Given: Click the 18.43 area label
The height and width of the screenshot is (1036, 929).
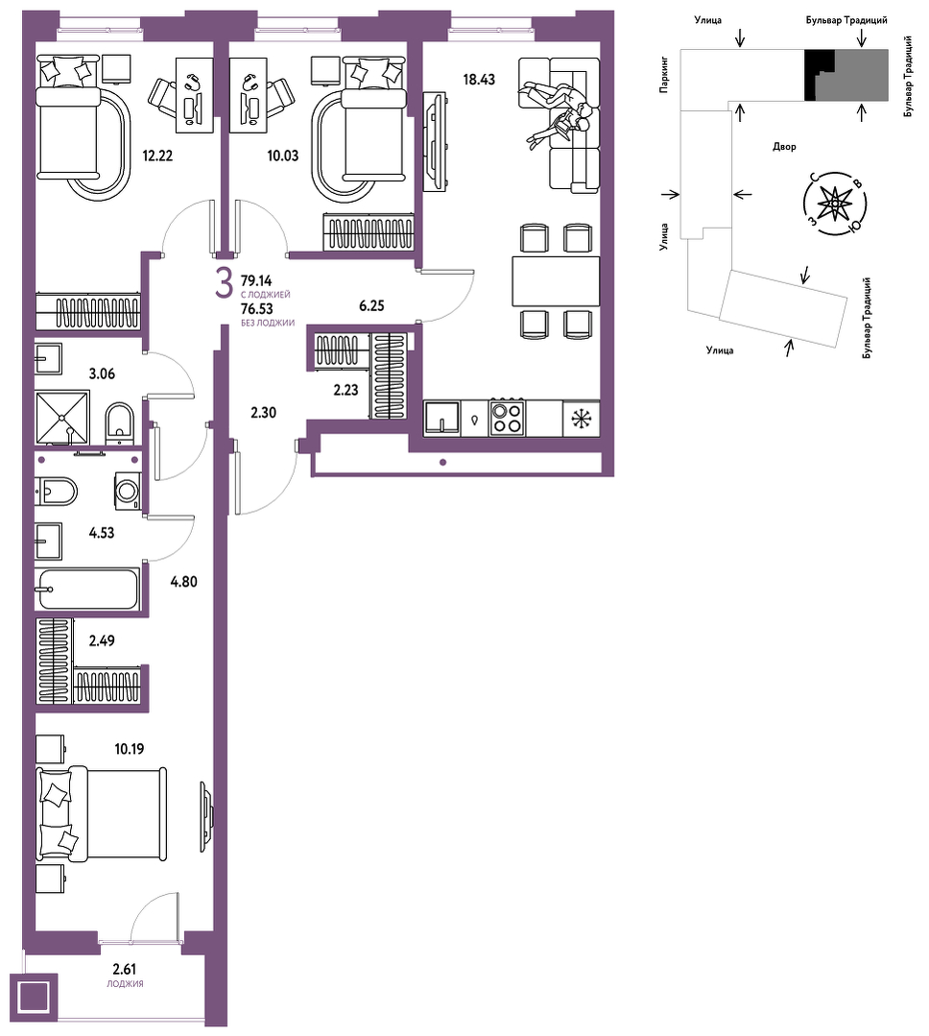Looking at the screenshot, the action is [479, 80].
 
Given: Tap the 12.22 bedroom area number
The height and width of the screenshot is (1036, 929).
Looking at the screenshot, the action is [157, 156].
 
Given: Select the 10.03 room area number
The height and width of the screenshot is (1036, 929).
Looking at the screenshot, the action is [282, 156].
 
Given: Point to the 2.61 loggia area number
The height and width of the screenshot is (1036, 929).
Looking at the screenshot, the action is [124, 969].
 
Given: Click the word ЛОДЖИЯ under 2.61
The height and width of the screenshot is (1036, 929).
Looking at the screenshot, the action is [125, 984].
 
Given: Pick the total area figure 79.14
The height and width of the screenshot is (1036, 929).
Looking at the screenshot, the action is [256, 280].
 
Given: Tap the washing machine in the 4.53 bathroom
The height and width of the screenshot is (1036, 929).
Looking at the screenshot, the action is [128, 491].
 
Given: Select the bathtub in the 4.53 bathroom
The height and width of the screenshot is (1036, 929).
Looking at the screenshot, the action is [88, 589].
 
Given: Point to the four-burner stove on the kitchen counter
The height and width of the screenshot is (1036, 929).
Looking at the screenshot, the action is [507, 418].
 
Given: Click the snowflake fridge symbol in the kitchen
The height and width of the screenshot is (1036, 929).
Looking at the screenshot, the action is [581, 419].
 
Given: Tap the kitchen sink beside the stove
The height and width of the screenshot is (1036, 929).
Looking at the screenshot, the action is [442, 418].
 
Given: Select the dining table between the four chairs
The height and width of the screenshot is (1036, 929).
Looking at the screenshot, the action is [556, 281].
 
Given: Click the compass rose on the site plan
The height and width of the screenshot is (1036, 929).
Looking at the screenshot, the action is [835, 204].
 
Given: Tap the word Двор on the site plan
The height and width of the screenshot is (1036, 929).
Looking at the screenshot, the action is [784, 147].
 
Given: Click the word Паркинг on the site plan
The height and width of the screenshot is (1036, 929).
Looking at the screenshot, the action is [664, 74].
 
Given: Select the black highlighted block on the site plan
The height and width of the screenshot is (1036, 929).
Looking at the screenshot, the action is [819, 75].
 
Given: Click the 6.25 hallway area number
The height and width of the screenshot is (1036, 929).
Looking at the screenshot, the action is [371, 306].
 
